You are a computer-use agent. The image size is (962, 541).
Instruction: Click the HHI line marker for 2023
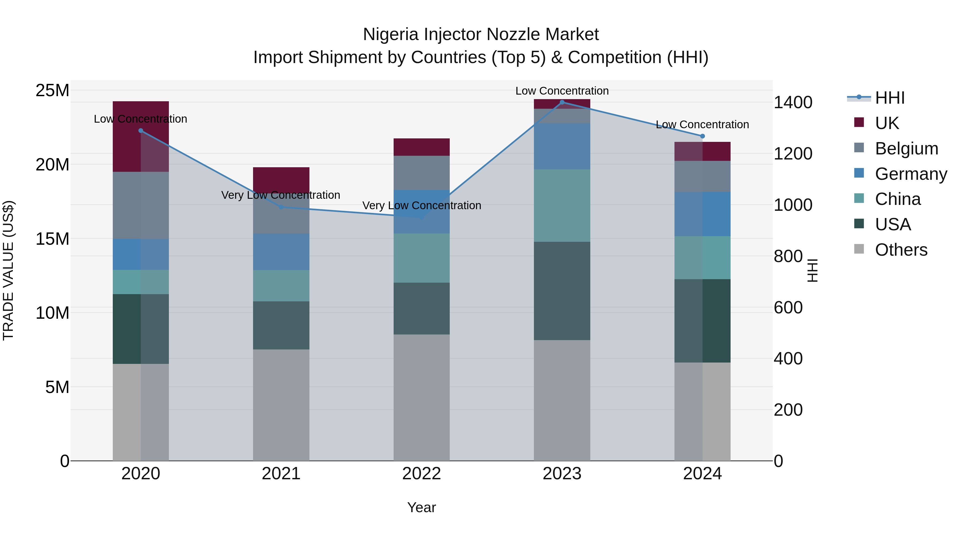point(562,102)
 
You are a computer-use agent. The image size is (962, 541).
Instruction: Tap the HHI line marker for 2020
point(141,131)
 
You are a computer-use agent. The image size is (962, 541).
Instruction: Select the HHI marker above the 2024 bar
point(703,136)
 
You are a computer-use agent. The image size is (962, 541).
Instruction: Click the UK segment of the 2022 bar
point(422,147)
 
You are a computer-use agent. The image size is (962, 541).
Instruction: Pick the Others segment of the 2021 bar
point(281,405)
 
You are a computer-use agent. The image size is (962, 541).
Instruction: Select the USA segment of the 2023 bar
point(562,291)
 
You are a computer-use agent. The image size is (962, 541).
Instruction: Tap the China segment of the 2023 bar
point(562,206)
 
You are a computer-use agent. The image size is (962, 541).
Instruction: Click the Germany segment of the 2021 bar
point(281,252)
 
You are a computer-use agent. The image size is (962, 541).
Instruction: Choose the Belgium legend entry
point(906,149)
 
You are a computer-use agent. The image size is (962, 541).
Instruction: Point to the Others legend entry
point(901,250)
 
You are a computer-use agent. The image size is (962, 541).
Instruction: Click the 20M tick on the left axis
point(52,165)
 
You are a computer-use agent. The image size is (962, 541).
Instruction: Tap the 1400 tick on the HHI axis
point(793,103)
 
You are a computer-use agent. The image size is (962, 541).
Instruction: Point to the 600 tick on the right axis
point(788,308)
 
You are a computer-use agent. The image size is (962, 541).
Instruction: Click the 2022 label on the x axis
point(422,474)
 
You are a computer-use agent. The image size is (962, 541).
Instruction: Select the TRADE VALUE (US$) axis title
point(8,270)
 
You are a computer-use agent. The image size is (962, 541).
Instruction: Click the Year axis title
point(422,507)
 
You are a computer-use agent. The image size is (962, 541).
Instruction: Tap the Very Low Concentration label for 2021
point(281,195)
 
